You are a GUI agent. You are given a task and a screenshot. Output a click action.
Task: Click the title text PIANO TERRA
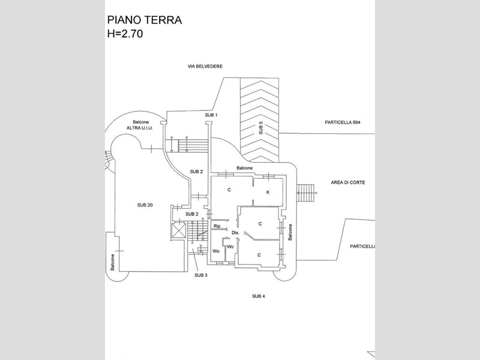point(145,20)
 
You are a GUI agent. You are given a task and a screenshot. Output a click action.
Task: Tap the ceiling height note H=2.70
point(125,34)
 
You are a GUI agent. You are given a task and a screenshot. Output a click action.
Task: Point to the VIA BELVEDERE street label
point(205,66)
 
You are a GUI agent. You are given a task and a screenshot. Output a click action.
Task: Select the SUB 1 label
point(211,115)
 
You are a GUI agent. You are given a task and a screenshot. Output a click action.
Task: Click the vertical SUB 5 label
point(261,128)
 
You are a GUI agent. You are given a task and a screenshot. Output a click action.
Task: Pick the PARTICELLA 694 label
point(343,122)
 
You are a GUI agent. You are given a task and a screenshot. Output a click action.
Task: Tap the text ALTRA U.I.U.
point(140,128)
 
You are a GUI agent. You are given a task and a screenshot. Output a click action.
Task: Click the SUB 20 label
point(145,205)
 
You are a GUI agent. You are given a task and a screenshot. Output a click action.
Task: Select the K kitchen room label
point(268,192)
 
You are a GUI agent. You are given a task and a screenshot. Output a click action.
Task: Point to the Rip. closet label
point(217,226)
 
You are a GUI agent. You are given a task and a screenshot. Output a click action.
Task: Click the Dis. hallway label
point(235,233)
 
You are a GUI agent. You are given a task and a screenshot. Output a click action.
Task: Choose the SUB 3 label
point(201,275)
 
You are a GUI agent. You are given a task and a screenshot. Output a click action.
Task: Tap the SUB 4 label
point(259,296)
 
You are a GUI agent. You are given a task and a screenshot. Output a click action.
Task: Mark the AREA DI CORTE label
point(348,182)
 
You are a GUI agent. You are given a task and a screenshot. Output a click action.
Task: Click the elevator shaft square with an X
point(179,230)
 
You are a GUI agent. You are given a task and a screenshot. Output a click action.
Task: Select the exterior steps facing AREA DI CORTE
point(307,193)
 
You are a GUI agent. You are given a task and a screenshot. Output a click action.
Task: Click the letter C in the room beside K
point(229,190)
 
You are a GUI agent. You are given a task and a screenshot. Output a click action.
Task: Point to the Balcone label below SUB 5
point(245,168)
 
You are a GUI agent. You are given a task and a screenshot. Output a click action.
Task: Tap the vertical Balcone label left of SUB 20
point(112,262)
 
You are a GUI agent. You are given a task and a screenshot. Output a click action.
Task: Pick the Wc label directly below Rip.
point(216,251)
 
